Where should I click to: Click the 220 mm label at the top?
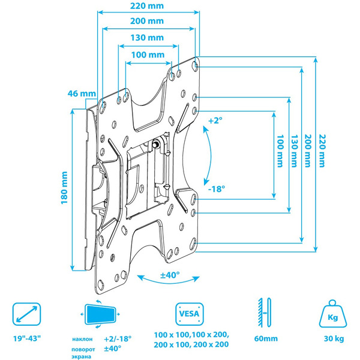pyautogui.click(x=147, y=5)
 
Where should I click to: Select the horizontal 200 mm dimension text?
pyautogui.click(x=147, y=21)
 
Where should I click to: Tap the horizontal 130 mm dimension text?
pyautogui.click(x=147, y=38)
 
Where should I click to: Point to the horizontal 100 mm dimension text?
pyautogui.click(x=147, y=55)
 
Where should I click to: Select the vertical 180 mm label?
pyautogui.click(x=64, y=188)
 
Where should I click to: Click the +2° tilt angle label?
pyautogui.click(x=214, y=121)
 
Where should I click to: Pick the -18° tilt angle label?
pyautogui.click(x=217, y=188)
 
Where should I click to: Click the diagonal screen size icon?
pyautogui.click(x=28, y=314)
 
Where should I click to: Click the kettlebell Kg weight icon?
pyautogui.click(x=331, y=313)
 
